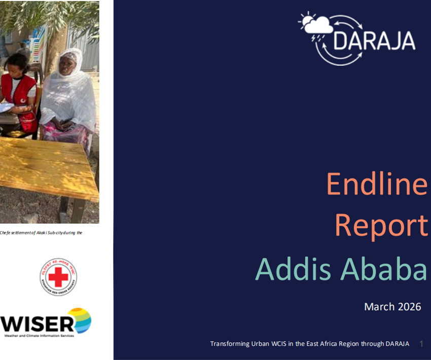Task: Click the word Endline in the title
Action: pyautogui.click(x=376, y=184)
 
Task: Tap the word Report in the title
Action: pyautogui.click(x=381, y=226)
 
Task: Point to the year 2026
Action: pyautogui.click(x=408, y=307)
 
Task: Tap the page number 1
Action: pyautogui.click(x=421, y=344)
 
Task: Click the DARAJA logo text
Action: pyautogui.click(x=375, y=40)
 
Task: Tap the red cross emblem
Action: pyautogui.click(x=58, y=277)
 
